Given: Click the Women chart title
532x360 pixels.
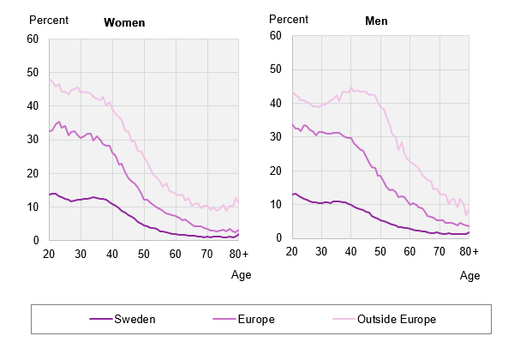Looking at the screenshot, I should coord(124,23).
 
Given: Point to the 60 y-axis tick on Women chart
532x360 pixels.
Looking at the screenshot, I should coord(33,39).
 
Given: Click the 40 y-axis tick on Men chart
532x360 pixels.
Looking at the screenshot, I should coord(277,103).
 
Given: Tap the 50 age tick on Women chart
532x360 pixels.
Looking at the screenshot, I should coord(144,255).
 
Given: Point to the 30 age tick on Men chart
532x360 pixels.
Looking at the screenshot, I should coord(321,251).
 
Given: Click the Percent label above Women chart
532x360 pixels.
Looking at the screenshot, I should coord(49,19).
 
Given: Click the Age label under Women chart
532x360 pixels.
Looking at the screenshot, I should coord(242,275).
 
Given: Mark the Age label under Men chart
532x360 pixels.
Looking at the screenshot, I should coord(469,275).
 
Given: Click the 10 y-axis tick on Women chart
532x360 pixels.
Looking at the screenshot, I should coord(33,207).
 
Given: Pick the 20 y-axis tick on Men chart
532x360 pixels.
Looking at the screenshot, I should coord(277,171).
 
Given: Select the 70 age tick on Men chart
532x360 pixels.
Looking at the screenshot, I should coord(439,251).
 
